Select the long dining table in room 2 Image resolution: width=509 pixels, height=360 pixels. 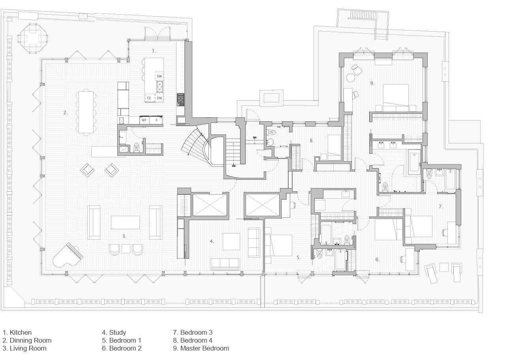86,112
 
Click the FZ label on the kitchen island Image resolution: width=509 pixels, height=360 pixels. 149,98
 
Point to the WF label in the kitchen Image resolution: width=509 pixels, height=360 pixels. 144,120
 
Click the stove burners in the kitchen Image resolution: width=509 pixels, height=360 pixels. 180,100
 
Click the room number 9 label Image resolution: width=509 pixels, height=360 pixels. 372,83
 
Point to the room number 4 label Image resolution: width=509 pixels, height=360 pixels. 212,241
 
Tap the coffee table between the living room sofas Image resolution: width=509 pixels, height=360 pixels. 125,222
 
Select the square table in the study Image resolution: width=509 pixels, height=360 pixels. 231,241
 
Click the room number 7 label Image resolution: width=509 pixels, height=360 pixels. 441,206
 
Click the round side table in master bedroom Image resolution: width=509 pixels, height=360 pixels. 350,78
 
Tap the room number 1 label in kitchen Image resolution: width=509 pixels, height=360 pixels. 154,51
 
